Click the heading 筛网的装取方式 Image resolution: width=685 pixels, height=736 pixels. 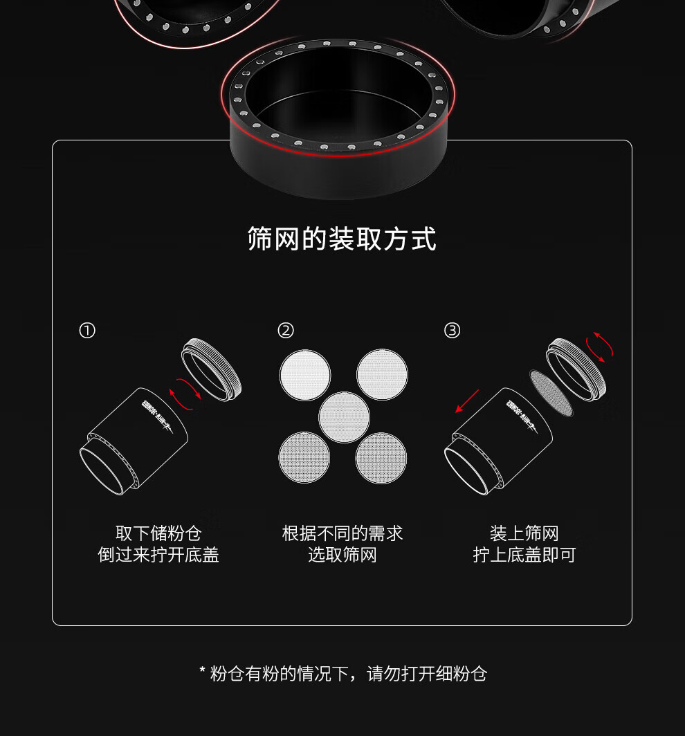(342, 239)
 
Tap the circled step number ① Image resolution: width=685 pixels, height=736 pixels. (87, 331)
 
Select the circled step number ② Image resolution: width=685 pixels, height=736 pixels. (286, 331)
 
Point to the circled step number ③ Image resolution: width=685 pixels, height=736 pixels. (452, 331)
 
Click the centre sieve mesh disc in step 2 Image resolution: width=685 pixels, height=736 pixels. (344, 417)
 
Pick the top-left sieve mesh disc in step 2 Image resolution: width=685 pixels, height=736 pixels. (305, 375)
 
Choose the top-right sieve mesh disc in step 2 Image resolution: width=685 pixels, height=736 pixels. (382, 375)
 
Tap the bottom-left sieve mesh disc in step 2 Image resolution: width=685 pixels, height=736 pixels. (304, 458)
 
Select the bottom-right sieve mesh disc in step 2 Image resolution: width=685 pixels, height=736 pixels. (381, 458)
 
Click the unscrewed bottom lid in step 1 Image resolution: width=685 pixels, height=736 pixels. (211, 369)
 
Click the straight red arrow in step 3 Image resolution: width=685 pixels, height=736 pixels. (467, 401)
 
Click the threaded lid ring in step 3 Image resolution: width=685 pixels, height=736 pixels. (576, 369)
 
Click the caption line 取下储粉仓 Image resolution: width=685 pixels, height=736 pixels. (158, 534)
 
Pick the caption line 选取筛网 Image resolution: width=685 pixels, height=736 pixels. (342, 555)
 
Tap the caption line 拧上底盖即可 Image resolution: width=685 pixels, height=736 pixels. (524, 555)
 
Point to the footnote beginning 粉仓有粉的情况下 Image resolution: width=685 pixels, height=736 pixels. (343, 674)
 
